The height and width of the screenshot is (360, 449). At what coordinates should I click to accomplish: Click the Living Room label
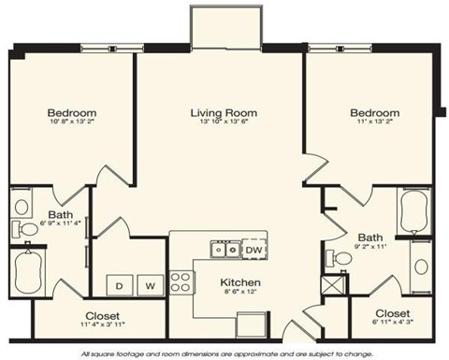(224, 114)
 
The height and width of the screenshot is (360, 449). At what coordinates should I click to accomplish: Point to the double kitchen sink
(223, 250)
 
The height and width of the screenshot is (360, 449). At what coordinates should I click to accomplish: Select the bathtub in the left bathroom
(28, 271)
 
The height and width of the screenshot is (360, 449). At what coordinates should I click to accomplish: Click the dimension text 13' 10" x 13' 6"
(224, 123)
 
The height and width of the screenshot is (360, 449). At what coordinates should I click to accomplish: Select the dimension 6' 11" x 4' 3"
(393, 324)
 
